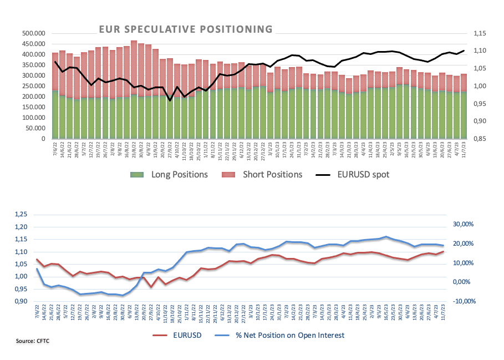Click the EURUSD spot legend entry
(x=363, y=174)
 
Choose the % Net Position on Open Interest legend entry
(x=291, y=334)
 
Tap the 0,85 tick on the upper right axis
(x=482, y=139)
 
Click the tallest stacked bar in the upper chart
(x=134, y=89)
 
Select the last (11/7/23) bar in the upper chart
(x=464, y=106)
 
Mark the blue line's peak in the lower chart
(x=386, y=236)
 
